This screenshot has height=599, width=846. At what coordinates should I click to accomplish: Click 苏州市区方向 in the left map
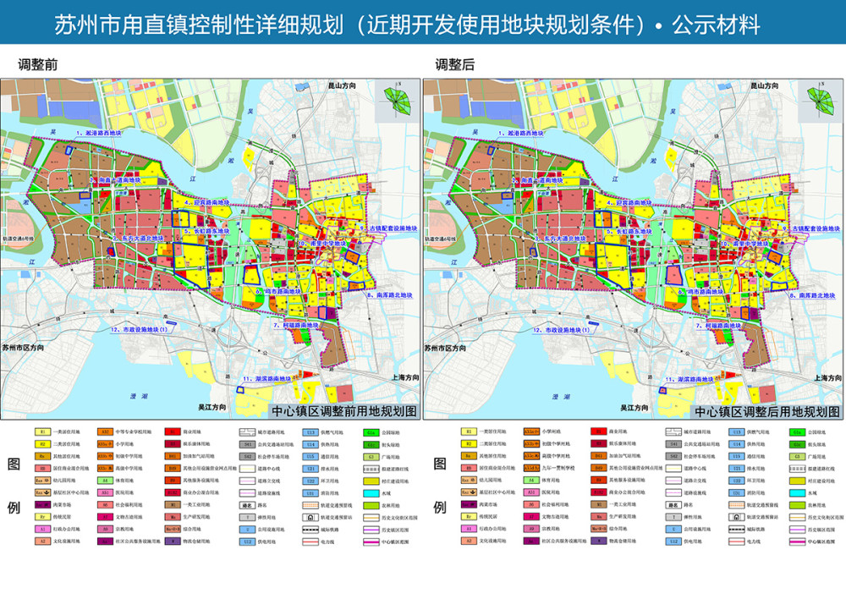[x=27, y=348]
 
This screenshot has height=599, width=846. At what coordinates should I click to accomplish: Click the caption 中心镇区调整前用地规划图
[x=343, y=412]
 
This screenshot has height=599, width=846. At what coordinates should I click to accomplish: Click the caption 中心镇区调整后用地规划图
[x=766, y=412]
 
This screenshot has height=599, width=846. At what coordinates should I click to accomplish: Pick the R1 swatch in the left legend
[x=42, y=431]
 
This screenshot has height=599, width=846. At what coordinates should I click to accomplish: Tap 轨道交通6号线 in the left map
[x=20, y=240]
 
